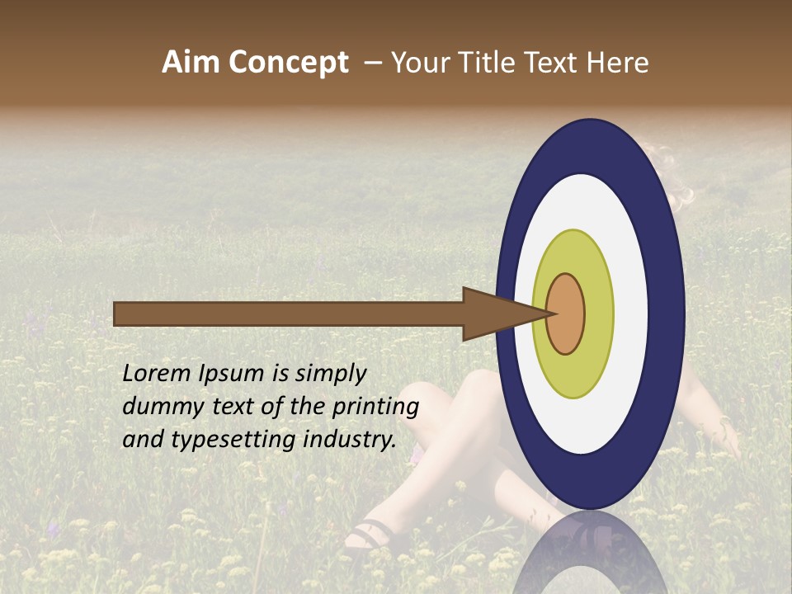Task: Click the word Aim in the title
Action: pos(191,63)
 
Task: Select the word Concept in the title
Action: pos(287,63)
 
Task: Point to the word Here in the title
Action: pos(617,63)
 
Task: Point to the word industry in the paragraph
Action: pos(349,440)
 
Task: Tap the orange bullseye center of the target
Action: pos(566,314)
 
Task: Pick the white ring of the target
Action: pos(582,425)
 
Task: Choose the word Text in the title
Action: pos(556,63)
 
